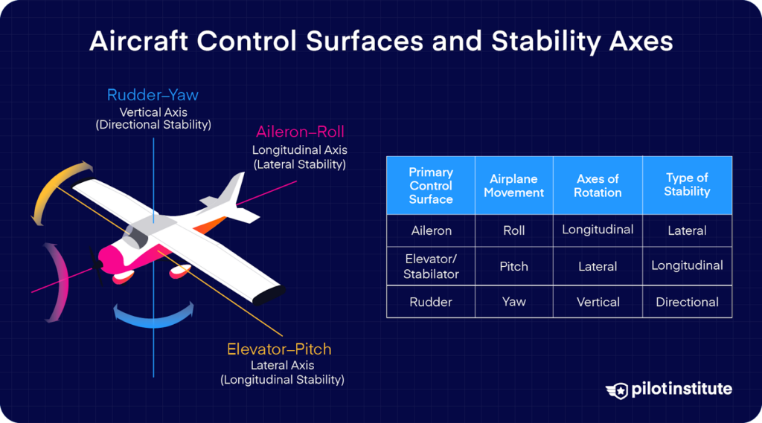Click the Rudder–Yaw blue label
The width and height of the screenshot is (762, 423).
pos(153,95)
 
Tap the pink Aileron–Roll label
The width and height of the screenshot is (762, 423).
pos(299,132)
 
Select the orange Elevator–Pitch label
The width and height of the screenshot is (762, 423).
pos(279,349)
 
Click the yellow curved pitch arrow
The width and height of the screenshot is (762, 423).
pos(57,189)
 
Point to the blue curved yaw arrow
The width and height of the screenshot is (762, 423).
pos(153,317)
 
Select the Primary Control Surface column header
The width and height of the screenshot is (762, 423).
pos(431,185)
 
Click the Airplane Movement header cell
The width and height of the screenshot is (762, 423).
pos(513,186)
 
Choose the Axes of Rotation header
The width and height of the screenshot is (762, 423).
pos(598,186)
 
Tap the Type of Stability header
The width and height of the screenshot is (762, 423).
pos(687,184)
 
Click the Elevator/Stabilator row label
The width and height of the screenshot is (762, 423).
pos(431,267)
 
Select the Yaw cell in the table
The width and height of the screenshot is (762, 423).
pos(513,302)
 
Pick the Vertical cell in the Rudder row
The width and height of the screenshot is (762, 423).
pos(598,302)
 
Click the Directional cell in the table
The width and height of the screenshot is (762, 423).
pos(687,302)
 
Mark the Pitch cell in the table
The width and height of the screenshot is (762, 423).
pos(513,265)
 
